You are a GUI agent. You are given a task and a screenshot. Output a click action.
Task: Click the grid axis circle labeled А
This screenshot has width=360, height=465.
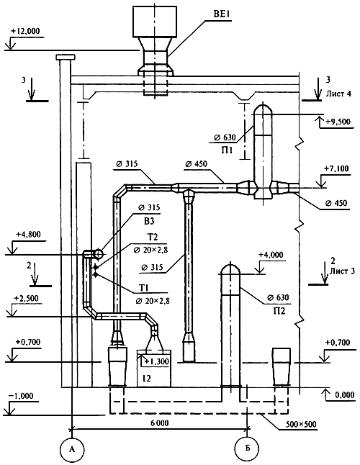point(72,449)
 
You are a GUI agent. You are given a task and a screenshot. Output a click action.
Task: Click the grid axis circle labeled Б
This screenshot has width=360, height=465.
point(246,448)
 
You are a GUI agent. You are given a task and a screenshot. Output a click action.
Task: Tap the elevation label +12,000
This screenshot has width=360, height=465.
point(25,31)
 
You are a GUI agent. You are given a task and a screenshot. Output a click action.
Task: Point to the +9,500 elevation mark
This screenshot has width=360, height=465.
point(338,122)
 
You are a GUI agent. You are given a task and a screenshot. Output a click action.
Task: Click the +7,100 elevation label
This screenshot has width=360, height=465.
point(337,168)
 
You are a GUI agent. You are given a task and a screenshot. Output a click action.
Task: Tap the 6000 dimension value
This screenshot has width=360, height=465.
point(160,423)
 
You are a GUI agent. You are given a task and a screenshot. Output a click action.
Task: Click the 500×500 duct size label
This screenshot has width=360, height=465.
point(301,425)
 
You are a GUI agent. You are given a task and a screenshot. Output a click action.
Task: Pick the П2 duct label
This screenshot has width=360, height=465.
point(279,311)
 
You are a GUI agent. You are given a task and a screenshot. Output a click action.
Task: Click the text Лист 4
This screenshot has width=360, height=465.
point(338,94)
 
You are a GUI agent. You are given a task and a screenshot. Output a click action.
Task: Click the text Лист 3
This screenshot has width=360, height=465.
point(342,271)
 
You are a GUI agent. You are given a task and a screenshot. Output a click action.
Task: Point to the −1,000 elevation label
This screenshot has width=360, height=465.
point(22,396)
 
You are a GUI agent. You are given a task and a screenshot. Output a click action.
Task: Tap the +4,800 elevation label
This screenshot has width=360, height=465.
point(29,234)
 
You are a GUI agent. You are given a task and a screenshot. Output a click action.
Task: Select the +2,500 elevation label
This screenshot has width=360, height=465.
point(26,298)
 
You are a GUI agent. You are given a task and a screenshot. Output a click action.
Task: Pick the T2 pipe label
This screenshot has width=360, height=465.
point(152,237)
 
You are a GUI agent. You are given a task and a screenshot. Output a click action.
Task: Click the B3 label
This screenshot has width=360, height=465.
point(149,221)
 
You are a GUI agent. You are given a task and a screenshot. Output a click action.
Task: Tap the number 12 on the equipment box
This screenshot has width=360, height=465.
point(146,378)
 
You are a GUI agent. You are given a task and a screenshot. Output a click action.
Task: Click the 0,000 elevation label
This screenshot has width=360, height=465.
point(345,395)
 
